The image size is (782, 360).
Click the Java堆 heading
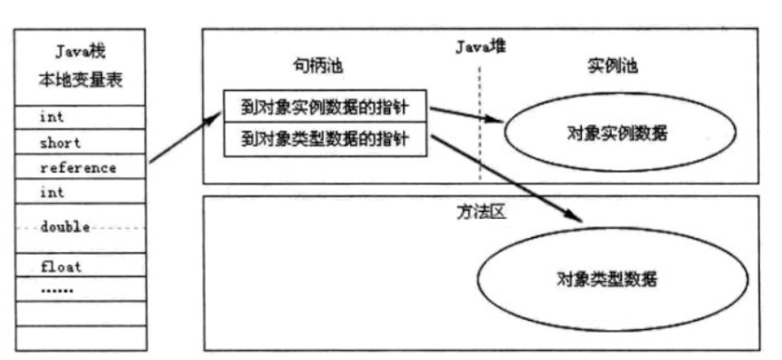pyautogui.click(x=480, y=46)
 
